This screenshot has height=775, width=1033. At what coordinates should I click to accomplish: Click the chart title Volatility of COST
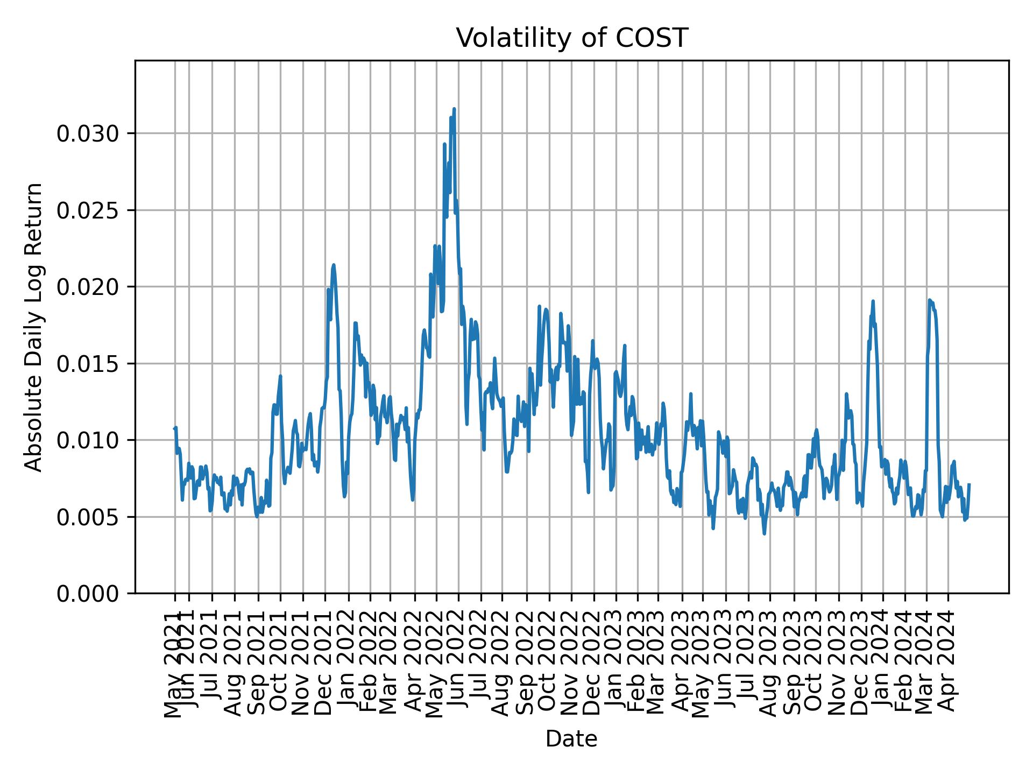click(571, 38)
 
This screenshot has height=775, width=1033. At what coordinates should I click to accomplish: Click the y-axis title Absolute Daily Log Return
click(34, 327)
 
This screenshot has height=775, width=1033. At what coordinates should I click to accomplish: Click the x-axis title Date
click(571, 739)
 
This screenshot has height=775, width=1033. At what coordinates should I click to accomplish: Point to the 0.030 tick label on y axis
click(88, 133)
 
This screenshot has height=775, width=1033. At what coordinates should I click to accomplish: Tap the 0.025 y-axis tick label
click(88, 210)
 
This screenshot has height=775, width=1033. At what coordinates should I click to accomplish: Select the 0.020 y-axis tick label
click(88, 287)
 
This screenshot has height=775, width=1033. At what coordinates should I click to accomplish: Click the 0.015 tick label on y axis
click(88, 364)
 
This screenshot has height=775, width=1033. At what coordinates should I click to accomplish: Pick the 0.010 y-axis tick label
click(88, 440)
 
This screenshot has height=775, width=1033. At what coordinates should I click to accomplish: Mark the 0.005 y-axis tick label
click(88, 517)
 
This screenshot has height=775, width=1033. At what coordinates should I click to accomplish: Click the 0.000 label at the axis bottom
click(88, 594)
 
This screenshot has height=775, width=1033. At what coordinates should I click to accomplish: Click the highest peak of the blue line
click(454, 109)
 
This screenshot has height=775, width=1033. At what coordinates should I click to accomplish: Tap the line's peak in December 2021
click(334, 265)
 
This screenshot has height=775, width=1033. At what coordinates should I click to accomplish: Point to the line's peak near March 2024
click(929, 300)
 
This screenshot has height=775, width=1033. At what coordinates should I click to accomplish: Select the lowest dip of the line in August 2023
click(764, 533)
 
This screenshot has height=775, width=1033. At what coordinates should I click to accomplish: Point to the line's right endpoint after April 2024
click(969, 484)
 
